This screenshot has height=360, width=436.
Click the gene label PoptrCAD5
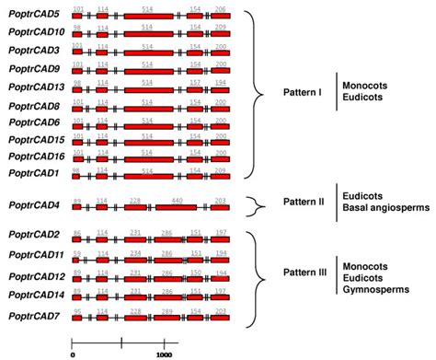click(34, 15)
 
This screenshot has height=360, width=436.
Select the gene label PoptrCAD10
click(36, 32)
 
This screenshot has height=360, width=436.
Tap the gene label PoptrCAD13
click(36, 86)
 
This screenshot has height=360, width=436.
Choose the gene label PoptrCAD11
click(36, 254)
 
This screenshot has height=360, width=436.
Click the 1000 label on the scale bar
click(166, 353)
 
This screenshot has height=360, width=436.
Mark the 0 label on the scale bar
click(73, 353)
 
